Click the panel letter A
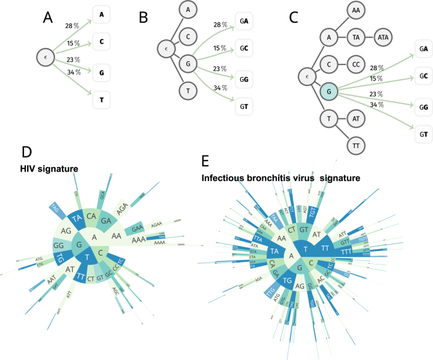click(x=47, y=19)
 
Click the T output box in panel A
click(x=102, y=99)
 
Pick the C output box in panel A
click(x=102, y=42)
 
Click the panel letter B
click(x=143, y=19)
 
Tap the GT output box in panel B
click(x=243, y=105)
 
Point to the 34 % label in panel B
click(x=220, y=87)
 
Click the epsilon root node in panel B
click(x=166, y=48)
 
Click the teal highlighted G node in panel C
click(x=329, y=92)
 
